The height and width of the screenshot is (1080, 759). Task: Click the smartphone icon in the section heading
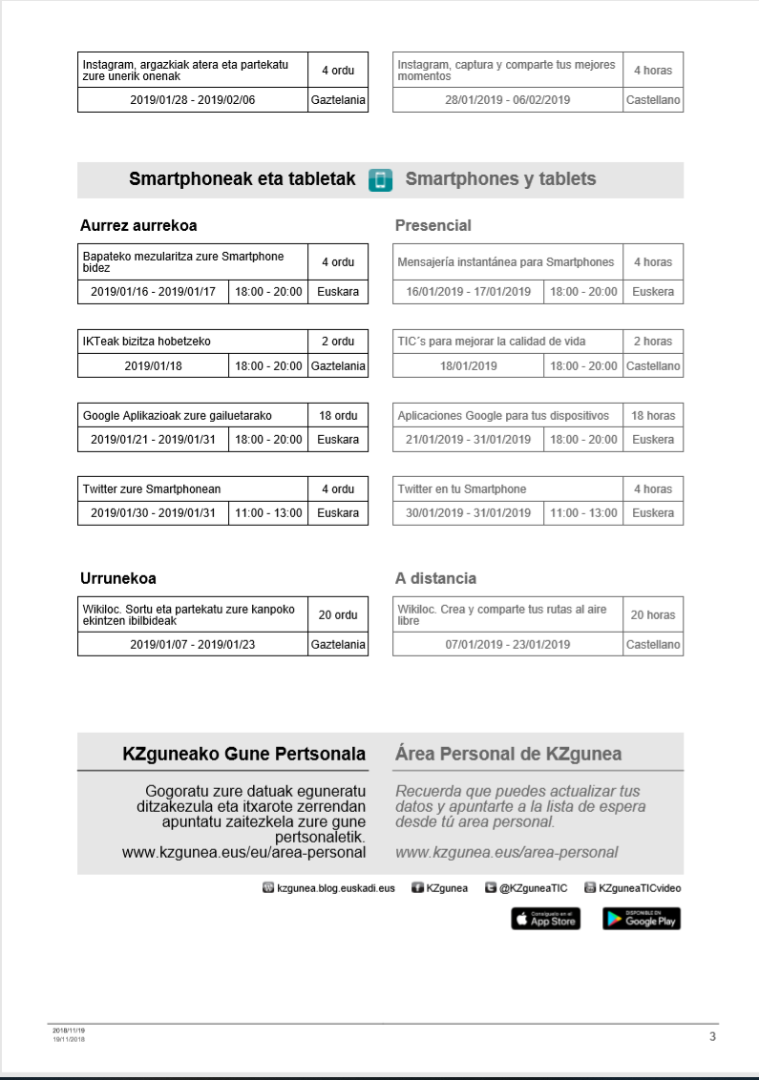point(381,180)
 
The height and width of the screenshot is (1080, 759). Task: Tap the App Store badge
point(546,919)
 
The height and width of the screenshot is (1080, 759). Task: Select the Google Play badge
point(642,919)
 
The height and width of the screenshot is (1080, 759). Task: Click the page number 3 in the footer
point(712,1037)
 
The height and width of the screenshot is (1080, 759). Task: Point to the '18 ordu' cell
point(338,416)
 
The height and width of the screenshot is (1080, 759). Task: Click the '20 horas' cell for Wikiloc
point(653,615)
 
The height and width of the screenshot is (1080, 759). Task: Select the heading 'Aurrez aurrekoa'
point(138,226)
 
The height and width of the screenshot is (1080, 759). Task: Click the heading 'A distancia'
point(435,578)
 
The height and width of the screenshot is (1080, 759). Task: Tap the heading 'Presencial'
point(433,226)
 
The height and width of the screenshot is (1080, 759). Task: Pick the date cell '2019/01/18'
point(153,365)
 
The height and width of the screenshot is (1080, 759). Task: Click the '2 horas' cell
point(653,342)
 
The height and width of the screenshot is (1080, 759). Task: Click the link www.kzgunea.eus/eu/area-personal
point(244,852)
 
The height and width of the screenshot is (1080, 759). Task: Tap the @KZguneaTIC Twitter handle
point(533,888)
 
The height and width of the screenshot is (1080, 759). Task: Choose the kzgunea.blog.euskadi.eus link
point(335,888)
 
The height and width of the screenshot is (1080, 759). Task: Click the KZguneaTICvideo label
point(640,888)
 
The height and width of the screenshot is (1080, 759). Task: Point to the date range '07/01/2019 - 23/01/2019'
point(508,644)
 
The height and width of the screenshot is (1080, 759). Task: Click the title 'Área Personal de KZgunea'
point(508,754)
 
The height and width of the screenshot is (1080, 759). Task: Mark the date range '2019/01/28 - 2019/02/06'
point(193,100)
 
